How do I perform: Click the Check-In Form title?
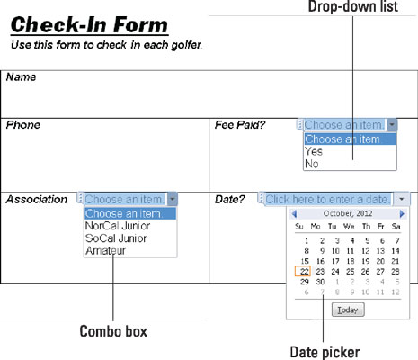coord(89,24)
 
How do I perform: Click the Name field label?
coord(21,77)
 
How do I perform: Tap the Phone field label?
coord(22,125)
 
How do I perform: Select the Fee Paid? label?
coord(240,125)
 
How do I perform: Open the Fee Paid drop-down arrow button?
coord(392,124)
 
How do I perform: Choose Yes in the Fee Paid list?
coord(314,151)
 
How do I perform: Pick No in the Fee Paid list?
coord(312,164)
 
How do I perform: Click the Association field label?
coord(37,200)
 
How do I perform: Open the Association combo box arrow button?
coord(173,199)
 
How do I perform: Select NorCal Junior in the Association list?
coord(118,226)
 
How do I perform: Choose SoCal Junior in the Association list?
coord(116,238)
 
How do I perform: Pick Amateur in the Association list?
coord(105,250)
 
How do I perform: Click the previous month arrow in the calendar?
coord(294,214)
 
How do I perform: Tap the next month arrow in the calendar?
coord(402,214)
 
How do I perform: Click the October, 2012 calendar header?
coord(348,213)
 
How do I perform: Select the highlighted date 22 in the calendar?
coord(303,272)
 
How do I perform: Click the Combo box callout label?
coord(113,331)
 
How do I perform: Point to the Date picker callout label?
coord(325,352)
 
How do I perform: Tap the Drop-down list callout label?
coord(353,6)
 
